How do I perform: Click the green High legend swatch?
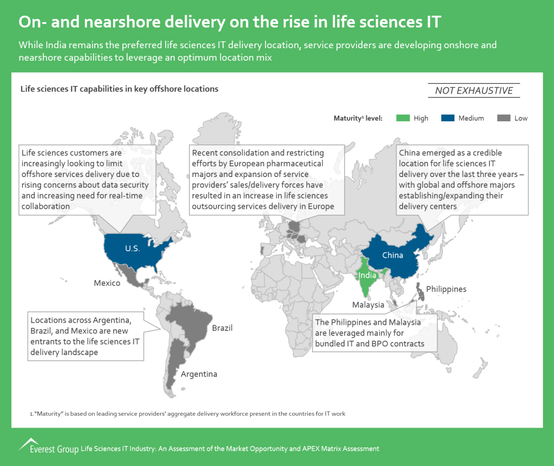click(403, 118)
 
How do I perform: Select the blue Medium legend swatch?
click(447, 118)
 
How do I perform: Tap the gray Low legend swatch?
click(504, 118)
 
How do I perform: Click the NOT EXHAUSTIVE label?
click(474, 90)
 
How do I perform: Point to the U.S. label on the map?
click(133, 248)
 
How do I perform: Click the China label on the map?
click(393, 255)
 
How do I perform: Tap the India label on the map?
click(367, 275)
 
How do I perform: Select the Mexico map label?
click(107, 283)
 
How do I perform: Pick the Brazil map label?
click(222, 328)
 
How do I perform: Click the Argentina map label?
click(199, 374)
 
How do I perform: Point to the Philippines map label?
click(446, 289)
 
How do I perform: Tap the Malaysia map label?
click(368, 305)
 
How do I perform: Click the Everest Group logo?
click(49, 446)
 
